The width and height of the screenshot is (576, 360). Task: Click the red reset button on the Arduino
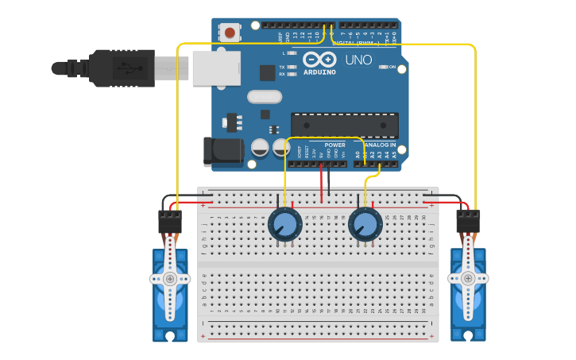point(230,33)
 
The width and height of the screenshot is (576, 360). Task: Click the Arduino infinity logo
point(319,59)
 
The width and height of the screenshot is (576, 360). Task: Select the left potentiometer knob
point(284,223)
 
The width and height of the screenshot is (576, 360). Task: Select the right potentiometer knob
point(365,224)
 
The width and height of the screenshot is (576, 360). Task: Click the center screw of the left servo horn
point(170,279)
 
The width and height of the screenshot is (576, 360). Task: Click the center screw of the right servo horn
point(468,278)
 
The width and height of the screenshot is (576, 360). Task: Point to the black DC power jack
point(222,152)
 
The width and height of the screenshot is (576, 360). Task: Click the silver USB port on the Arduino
point(215,67)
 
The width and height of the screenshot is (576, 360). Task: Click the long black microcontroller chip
point(344,126)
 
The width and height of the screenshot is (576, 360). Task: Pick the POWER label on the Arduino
point(334,145)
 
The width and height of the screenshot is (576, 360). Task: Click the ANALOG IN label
point(381,145)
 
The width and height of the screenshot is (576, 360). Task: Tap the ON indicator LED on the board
point(383,67)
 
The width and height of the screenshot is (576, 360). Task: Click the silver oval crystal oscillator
point(265,97)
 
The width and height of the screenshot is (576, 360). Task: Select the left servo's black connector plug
point(169,221)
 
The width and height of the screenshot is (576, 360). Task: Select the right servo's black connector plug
point(467,220)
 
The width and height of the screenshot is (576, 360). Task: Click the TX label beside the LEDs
point(282,68)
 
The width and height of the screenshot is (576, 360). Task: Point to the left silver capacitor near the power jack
point(260,147)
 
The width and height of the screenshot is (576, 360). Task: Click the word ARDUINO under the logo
point(319,72)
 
